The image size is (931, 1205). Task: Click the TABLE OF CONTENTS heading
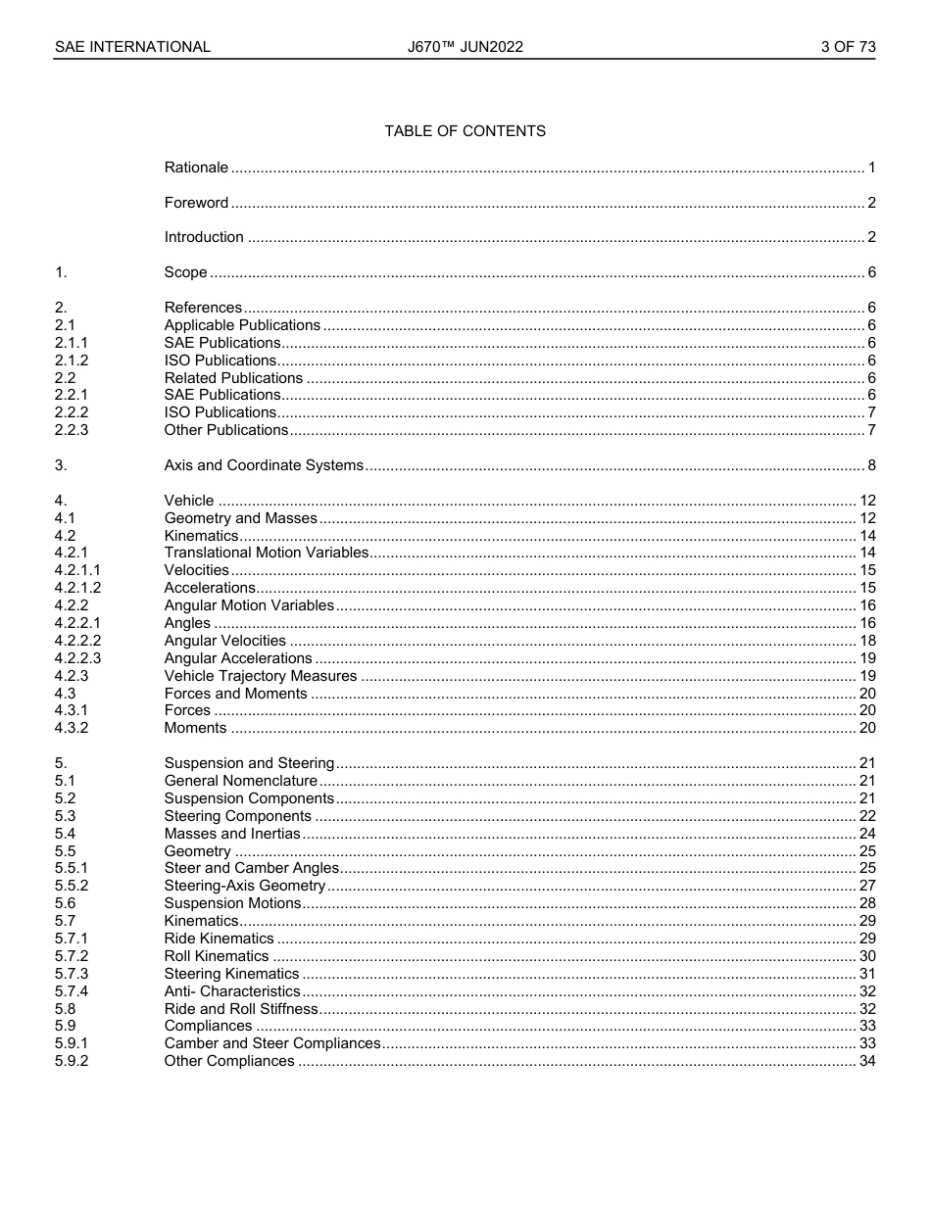click(465, 131)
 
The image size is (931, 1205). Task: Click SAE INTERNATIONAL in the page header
click(132, 47)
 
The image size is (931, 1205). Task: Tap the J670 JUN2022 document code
click(465, 47)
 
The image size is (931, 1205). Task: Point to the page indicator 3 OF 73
click(848, 47)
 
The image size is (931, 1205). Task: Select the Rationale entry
click(196, 168)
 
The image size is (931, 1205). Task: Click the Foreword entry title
click(196, 203)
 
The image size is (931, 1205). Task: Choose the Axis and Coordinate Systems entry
click(264, 465)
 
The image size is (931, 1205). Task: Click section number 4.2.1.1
click(77, 570)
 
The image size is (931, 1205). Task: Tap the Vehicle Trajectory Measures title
click(261, 676)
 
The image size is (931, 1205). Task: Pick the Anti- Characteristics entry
click(232, 991)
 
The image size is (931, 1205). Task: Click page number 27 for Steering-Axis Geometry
click(866, 886)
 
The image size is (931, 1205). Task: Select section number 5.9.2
click(72, 1061)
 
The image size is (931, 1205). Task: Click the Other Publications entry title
click(226, 430)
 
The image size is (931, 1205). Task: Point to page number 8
click(871, 465)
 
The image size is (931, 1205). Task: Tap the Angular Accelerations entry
click(238, 658)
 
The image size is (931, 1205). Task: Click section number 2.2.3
click(72, 430)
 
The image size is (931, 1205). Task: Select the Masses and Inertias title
click(232, 834)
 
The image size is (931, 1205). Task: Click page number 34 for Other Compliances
click(866, 1061)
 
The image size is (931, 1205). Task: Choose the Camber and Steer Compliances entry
click(272, 1043)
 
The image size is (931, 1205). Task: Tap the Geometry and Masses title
click(241, 518)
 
